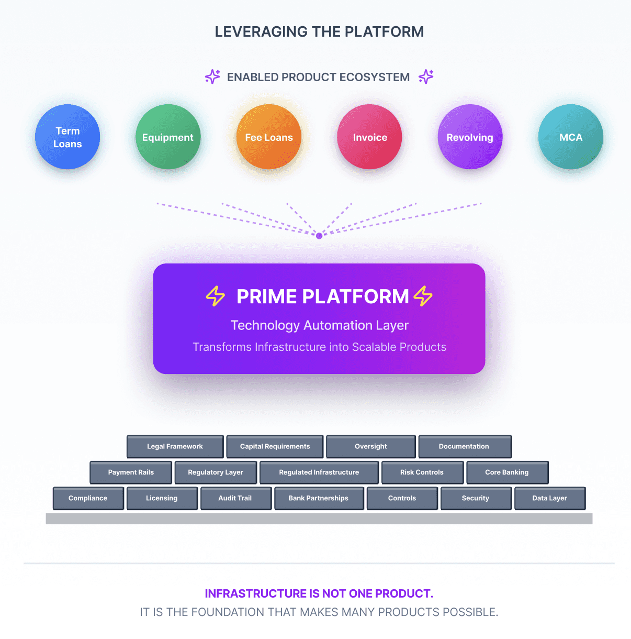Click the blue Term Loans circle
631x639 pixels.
[x=67, y=137]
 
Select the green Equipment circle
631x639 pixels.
[x=168, y=137]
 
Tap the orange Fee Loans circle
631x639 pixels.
[x=269, y=137]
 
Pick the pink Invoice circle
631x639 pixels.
[x=369, y=137]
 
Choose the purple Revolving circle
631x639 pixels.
[x=470, y=137]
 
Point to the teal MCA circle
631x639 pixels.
[x=571, y=137]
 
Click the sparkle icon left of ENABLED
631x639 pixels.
[x=212, y=76]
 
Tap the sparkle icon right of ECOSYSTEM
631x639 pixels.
[x=426, y=76]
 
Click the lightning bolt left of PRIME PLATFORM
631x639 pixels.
[x=215, y=296]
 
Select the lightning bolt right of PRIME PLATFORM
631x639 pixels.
[x=423, y=296]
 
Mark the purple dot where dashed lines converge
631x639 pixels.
[x=319, y=236]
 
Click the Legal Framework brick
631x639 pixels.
[x=175, y=446]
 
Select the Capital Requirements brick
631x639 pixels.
[x=275, y=446]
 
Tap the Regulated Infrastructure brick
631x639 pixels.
[x=319, y=472]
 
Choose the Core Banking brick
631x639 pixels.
[x=507, y=472]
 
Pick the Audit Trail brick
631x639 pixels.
[x=235, y=498]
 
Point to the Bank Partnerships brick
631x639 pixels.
[x=318, y=498]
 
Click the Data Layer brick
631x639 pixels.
[x=549, y=498]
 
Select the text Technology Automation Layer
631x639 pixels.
[x=319, y=325]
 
